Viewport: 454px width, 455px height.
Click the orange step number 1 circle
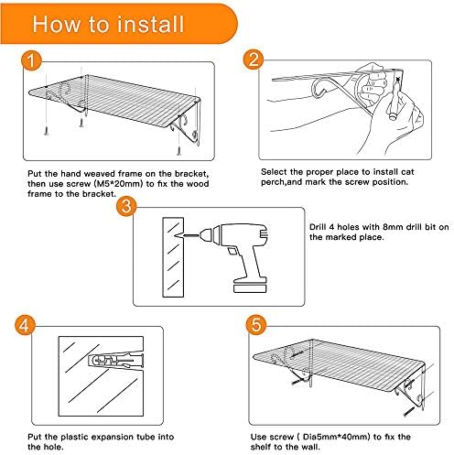coord(31,60)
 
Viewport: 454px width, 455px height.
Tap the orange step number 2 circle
coord(254,60)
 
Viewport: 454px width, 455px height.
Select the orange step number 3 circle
coord(126,206)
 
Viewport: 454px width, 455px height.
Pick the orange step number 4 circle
coord(25,325)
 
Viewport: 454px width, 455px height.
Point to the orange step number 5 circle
coord(256,324)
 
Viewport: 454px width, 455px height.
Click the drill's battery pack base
coord(250,287)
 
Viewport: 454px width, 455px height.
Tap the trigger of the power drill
coord(232,251)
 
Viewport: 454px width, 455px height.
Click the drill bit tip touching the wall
coord(177,235)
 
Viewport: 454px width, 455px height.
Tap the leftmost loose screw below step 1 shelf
coord(47,130)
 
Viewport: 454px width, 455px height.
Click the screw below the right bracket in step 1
coord(179,151)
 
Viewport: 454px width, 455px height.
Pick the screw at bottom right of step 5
coord(408,412)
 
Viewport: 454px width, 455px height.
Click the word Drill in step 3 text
coord(318,227)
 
